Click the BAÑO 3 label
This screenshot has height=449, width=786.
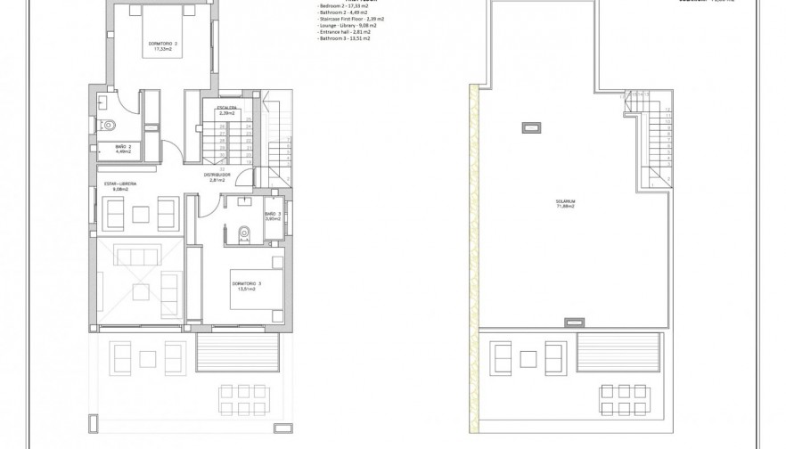pos(274,216)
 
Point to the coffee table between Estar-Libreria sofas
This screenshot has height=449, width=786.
pos(140,213)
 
